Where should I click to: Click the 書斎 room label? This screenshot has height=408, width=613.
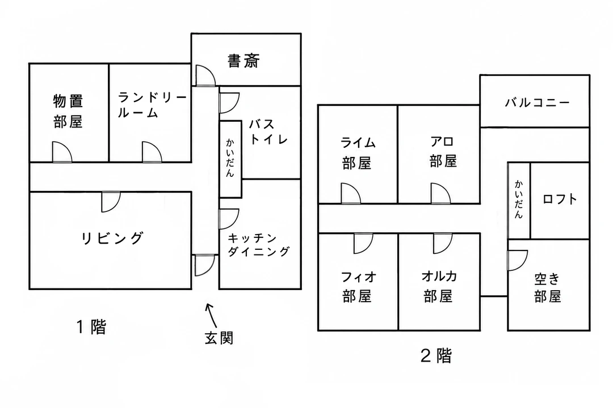point(243,61)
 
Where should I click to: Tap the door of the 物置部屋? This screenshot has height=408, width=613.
point(62,152)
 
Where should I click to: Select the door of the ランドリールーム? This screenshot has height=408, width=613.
point(152,152)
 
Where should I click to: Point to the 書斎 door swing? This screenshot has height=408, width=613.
point(205,75)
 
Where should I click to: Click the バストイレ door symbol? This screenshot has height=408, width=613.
point(229,103)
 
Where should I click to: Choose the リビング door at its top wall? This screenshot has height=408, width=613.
point(111,202)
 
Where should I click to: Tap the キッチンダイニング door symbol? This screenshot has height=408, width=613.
point(229,219)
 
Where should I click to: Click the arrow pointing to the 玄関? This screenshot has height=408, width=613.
point(211,315)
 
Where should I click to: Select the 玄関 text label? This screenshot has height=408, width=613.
point(219,338)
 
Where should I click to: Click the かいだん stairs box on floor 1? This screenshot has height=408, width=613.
point(230,159)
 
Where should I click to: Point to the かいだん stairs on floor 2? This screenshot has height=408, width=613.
point(519,200)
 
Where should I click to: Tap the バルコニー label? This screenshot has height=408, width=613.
point(537,103)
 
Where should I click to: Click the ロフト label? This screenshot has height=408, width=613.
point(560,199)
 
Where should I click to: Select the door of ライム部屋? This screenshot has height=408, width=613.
point(351,194)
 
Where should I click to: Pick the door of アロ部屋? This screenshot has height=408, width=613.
point(440,194)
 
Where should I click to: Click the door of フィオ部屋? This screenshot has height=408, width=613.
point(363,243)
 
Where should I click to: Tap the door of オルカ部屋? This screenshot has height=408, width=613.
point(443,243)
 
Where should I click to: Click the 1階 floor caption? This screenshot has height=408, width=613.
point(91,327)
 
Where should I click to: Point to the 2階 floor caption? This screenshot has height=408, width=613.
point(436,355)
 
